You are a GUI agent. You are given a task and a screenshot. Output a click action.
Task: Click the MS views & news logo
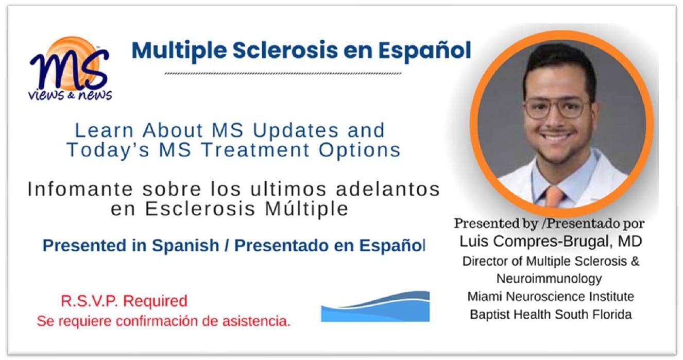click(70, 69)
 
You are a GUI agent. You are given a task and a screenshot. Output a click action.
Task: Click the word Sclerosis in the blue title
click(285, 50)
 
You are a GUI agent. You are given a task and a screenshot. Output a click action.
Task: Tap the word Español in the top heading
click(424, 50)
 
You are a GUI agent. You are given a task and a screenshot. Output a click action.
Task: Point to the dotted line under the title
click(283, 74)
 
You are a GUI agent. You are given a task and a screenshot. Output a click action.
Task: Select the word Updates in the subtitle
click(296, 131)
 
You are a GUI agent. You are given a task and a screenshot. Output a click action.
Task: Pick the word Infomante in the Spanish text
click(80, 189)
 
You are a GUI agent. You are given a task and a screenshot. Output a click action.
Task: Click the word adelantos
click(388, 189)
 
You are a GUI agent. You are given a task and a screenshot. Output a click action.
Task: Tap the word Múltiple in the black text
click(306, 209)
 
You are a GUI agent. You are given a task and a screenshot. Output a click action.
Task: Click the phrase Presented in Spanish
click(131, 246)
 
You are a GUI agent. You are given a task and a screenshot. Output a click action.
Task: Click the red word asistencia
click(257, 321)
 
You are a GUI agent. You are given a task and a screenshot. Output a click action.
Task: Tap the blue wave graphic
click(375, 306)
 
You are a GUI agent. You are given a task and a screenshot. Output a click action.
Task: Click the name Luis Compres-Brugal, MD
click(551, 242)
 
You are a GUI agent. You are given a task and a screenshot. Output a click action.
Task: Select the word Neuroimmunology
click(549, 279)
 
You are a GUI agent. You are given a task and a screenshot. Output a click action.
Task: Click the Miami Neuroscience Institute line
click(551, 297)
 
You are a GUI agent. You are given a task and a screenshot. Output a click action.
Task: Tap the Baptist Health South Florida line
click(551, 315)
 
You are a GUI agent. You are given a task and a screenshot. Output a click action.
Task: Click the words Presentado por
click(595, 224)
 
